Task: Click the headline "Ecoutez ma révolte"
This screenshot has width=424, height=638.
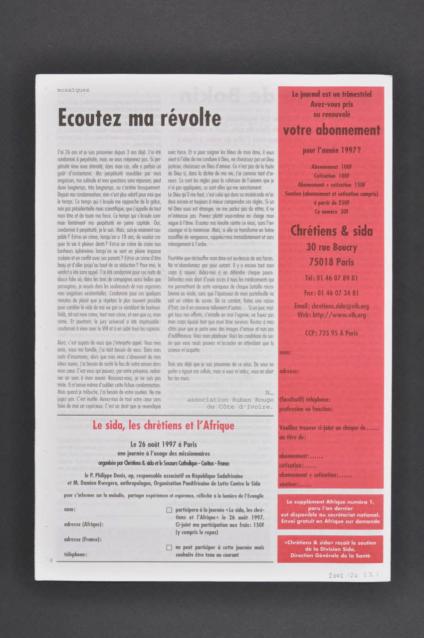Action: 139,118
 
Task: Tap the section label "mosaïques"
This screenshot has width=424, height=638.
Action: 73,90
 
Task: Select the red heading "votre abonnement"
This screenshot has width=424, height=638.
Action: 331,131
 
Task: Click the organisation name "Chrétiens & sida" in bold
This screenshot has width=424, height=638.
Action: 331,231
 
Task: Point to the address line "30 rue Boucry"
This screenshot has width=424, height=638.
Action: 331,247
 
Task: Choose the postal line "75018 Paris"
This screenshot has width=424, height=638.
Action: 331,262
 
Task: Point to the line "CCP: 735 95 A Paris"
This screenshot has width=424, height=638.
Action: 331,333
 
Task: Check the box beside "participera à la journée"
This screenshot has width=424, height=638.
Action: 169,510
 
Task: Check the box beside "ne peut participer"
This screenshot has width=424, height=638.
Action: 169,547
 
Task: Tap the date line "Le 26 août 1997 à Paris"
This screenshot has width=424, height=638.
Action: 164,444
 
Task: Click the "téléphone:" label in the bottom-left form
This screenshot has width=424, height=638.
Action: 75,554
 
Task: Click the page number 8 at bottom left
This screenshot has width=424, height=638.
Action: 51,560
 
